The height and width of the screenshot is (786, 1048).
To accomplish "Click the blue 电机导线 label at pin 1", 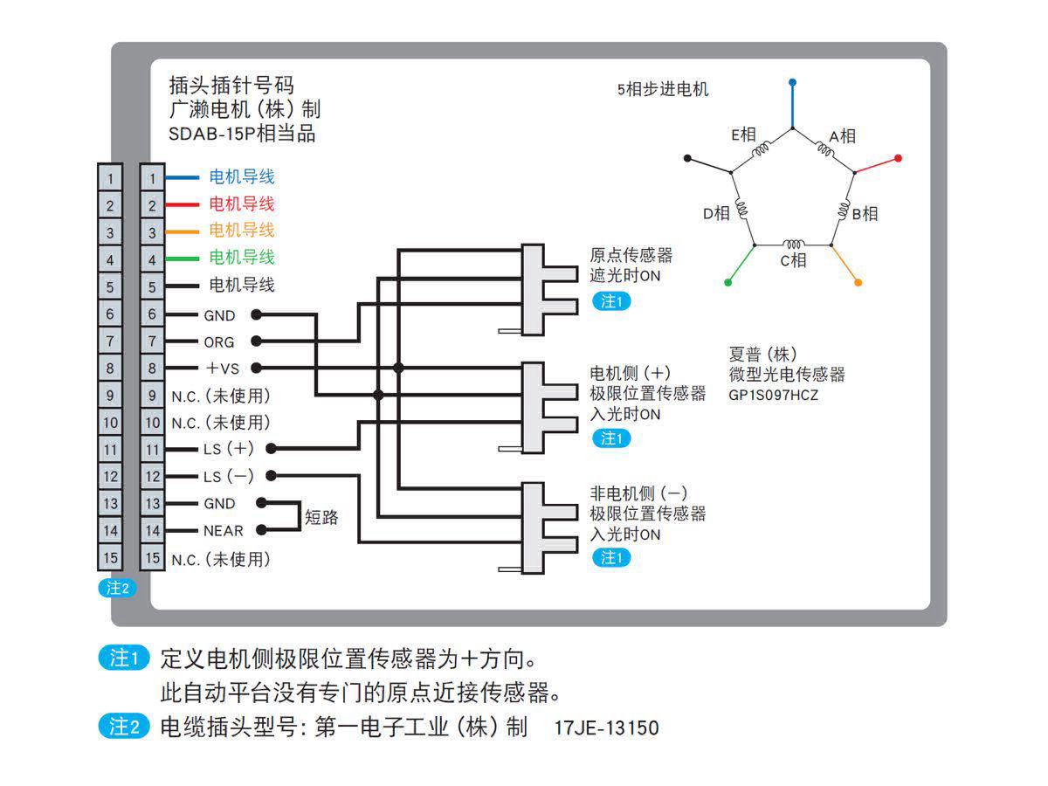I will tap(242, 177).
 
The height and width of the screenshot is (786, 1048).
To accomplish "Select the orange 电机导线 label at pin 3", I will tap(242, 231).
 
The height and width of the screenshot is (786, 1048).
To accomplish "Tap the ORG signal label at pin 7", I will tap(219, 341).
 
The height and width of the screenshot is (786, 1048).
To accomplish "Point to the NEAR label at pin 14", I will tap(224, 530).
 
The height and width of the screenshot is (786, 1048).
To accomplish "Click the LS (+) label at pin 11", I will tap(227, 449).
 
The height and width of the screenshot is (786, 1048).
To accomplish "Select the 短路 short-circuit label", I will tap(321, 517).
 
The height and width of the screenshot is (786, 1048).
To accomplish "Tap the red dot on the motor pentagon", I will tap(898, 158).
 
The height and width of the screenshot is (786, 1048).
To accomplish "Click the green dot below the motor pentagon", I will tap(728, 282).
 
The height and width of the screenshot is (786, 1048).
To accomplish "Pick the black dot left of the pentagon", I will tap(688, 159).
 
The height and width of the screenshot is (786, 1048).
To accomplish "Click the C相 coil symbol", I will tap(794, 245).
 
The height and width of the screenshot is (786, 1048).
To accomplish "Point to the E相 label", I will tap(743, 134).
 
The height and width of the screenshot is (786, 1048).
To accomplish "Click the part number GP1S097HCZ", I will tap(774, 395).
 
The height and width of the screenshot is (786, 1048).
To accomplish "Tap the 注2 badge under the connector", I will tap(117, 588).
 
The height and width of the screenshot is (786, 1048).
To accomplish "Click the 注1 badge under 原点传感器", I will tap(610, 302).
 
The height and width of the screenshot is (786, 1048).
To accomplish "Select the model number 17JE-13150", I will tap(606, 727).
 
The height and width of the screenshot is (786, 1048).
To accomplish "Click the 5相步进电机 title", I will tap(662, 89).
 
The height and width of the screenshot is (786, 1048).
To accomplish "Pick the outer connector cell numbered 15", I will tap(110, 557).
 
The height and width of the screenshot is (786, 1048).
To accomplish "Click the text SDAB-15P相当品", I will tap(243, 134).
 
